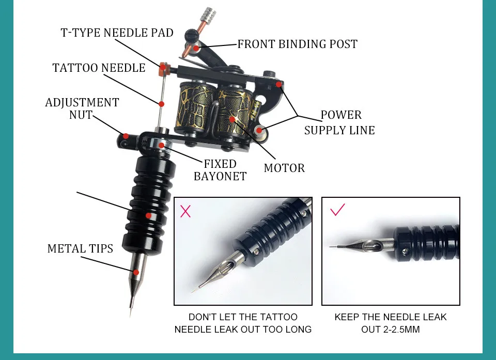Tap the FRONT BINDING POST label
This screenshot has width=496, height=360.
[297, 44]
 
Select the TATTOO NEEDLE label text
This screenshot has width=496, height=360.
[99, 68]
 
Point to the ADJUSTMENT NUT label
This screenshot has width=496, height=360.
[82, 108]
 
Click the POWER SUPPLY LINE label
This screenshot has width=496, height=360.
[339, 122]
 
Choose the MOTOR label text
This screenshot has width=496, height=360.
[284, 168]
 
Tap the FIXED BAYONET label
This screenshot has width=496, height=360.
[220, 170]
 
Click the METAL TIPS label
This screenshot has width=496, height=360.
[80, 248]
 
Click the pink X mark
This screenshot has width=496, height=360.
[185, 211]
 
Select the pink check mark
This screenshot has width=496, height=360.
[337, 210]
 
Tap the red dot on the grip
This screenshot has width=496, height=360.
[148, 216]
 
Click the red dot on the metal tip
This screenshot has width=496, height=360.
[136, 272]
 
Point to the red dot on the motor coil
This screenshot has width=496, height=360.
[233, 119]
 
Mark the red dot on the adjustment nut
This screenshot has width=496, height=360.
[125, 136]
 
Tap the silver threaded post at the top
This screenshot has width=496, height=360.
[207, 13]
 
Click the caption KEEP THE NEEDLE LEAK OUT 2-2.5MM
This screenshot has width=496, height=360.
[390, 323]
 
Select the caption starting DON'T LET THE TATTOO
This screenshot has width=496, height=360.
[243, 323]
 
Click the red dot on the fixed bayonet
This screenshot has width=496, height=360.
[162, 146]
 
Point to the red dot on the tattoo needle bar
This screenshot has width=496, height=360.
[162, 103]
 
